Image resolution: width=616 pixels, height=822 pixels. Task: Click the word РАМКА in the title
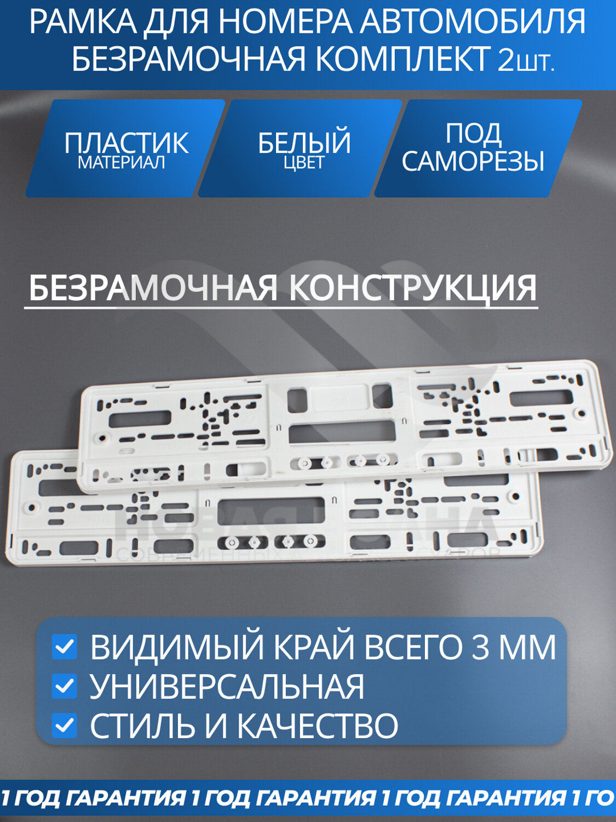pos(83,23)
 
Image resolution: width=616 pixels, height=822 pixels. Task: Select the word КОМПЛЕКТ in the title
pos(402,59)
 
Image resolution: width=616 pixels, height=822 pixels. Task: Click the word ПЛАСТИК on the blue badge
pos(126,142)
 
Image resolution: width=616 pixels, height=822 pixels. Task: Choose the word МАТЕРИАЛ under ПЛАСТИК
pos(122,163)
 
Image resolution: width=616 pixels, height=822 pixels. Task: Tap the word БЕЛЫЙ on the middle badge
pos(304,142)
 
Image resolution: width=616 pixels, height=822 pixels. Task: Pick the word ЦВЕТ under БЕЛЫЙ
pos(304,163)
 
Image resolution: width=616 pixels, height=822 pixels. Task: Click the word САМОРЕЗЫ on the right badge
pos(473,161)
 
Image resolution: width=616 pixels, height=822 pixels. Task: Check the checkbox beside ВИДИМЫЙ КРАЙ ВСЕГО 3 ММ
pos(65,648)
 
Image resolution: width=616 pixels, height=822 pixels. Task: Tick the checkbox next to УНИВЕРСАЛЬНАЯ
pos(65,687)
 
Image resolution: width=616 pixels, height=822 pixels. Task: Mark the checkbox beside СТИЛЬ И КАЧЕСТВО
pos(65,726)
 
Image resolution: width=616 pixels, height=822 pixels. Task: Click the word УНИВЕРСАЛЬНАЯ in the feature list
pos(227,687)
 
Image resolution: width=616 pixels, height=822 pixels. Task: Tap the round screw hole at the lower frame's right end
pos(515,498)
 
